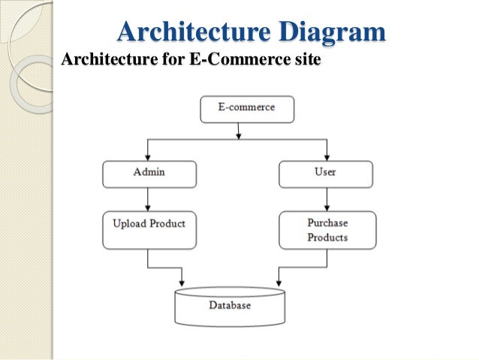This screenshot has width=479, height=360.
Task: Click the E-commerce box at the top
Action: [246, 108]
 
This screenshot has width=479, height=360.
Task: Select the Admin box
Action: [149, 174]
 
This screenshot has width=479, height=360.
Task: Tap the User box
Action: [326, 174]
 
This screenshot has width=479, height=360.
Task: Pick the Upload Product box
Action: [149, 229]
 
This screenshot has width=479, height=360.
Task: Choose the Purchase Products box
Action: [326, 230]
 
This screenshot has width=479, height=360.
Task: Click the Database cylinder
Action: [230, 306]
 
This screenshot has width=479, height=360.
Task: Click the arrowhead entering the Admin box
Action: [149, 157]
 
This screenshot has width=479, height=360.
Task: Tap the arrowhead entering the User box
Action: [326, 157]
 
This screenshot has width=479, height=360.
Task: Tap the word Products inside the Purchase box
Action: [327, 237]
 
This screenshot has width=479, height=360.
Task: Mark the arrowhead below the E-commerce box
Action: [239, 135]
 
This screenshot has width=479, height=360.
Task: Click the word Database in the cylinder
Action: [230, 307]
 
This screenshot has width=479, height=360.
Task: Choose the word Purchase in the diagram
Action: [327, 223]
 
